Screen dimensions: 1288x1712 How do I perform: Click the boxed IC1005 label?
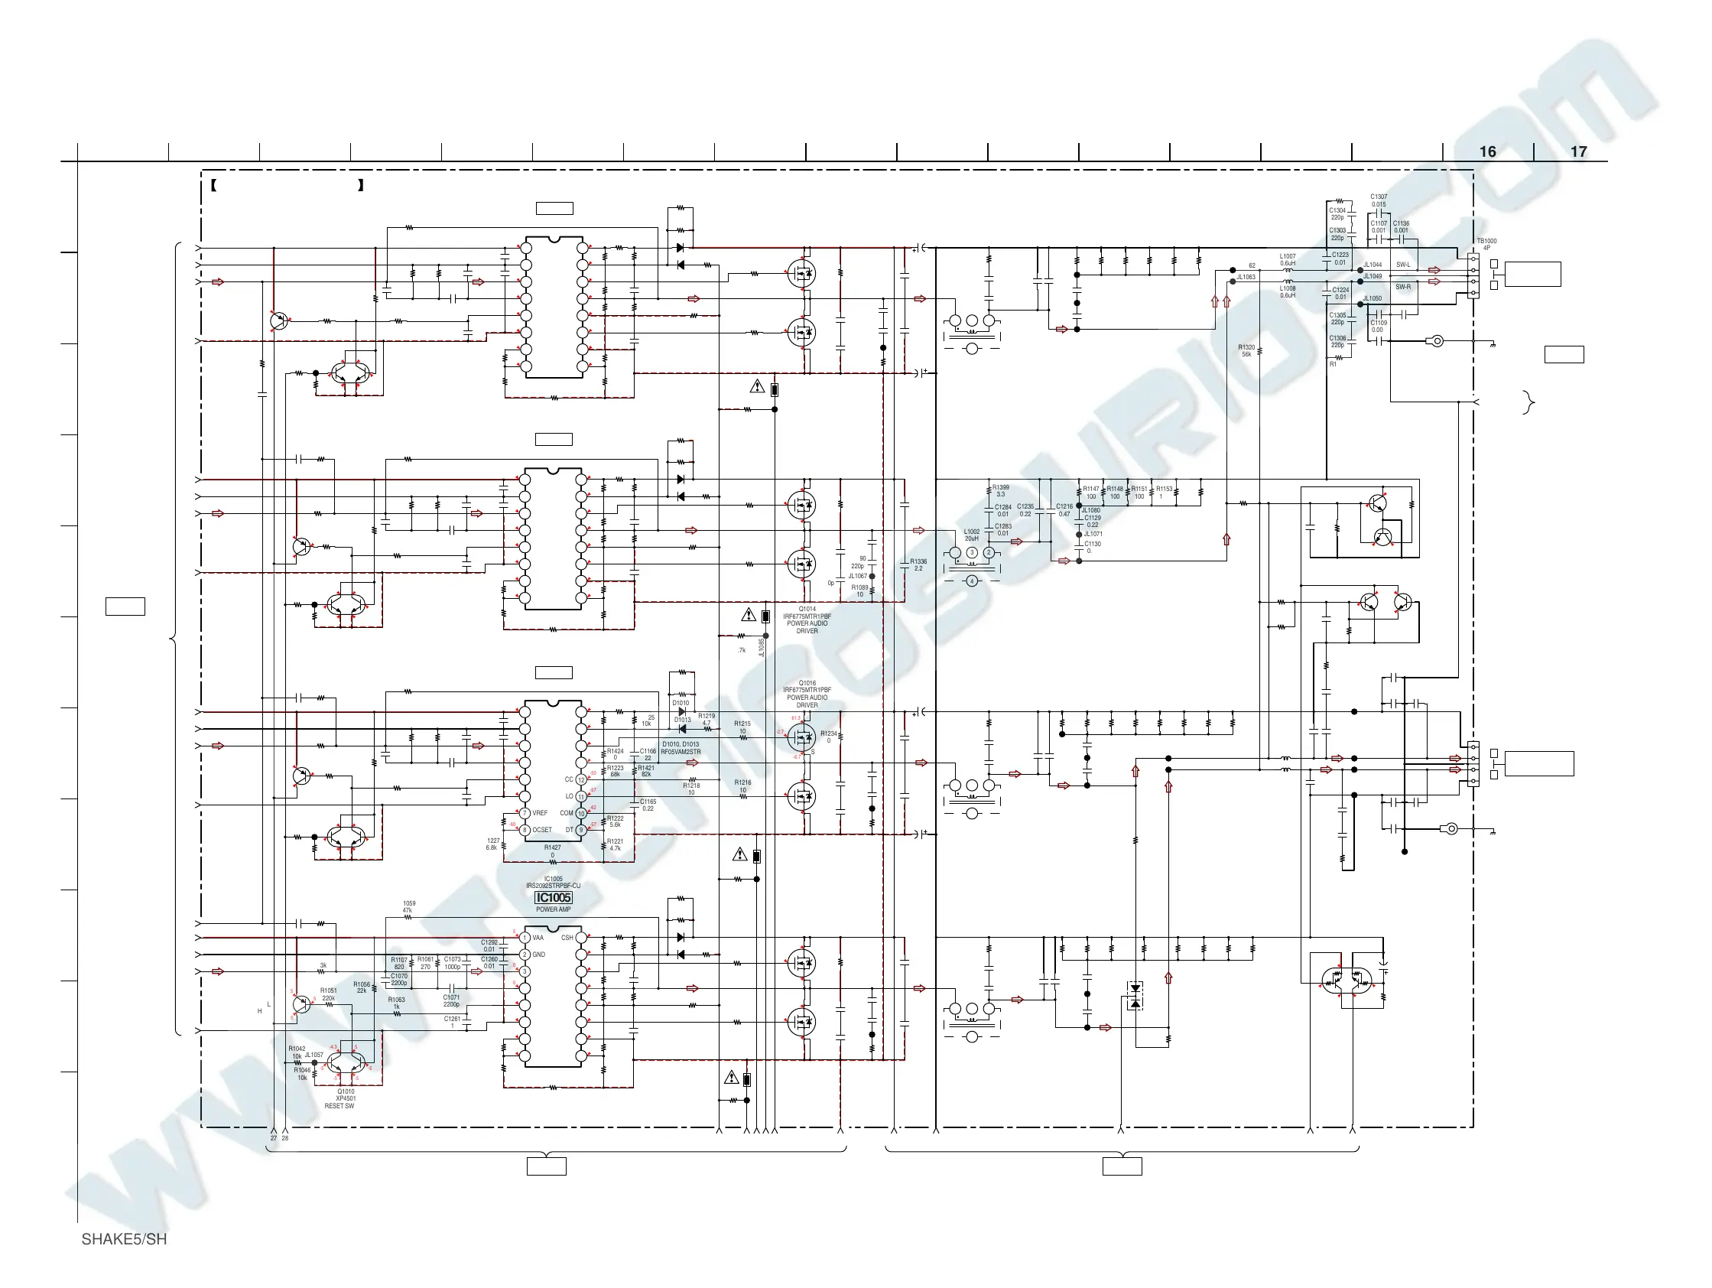[x=554, y=898]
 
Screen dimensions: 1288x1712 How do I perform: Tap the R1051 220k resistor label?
[x=329, y=994]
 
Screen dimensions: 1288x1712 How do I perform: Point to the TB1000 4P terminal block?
[x=1473, y=276]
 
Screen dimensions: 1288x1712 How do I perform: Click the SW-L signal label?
[x=1403, y=265]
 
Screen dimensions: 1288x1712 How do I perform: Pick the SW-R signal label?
[x=1403, y=287]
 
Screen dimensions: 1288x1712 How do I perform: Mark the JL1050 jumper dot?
[x=1360, y=304]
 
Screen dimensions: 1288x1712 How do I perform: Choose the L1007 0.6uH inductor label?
[x=1288, y=259]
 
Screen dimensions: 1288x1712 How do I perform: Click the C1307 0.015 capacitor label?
[x=1379, y=200]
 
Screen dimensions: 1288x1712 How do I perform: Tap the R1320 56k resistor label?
[x=1246, y=350]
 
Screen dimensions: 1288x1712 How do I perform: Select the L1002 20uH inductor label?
[x=972, y=535]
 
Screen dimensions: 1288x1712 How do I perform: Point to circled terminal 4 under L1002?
[x=972, y=581]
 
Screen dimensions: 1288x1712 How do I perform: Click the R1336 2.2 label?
[x=918, y=565]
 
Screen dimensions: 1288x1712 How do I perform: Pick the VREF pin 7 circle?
[x=525, y=814]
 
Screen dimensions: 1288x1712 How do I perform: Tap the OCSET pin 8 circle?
[x=525, y=830]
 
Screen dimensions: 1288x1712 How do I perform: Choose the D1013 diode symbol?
[x=682, y=729]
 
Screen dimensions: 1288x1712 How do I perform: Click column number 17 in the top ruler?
[x=1579, y=151]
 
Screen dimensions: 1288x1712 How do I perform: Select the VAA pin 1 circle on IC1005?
[x=525, y=938]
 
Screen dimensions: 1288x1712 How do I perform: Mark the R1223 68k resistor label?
[x=616, y=771]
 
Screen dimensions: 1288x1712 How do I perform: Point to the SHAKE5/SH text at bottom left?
[x=124, y=1239]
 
